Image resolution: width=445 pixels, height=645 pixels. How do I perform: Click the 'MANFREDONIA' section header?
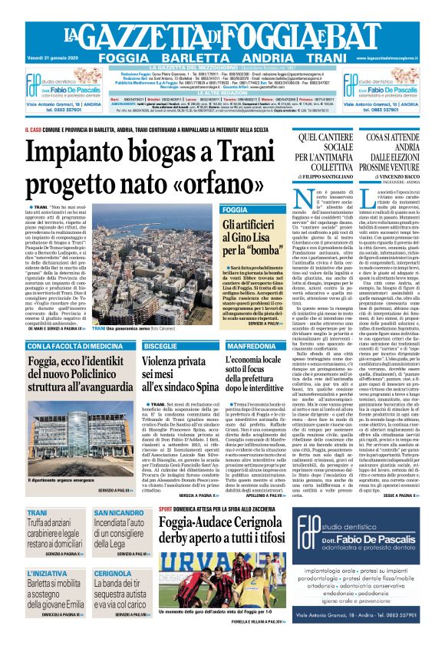point(254,347)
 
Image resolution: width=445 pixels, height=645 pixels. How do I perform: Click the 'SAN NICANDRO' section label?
point(120,512)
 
